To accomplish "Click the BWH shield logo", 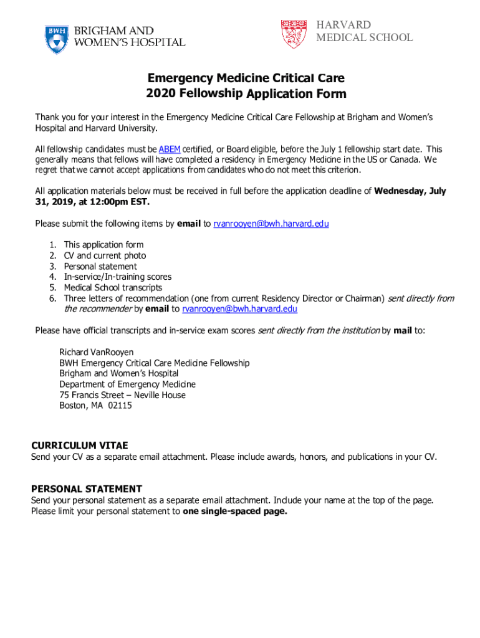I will tap(57, 39).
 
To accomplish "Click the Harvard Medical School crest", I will tap(294, 34).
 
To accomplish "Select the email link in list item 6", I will tap(239, 308).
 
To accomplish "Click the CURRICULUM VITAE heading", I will tap(80, 445).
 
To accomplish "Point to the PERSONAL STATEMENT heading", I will tap(87, 489).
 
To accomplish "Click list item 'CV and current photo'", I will tap(105, 255).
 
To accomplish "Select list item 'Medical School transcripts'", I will tap(113, 287).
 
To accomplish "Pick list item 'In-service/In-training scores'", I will tap(117, 277).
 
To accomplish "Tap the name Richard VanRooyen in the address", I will tap(97, 352).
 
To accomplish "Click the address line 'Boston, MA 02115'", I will tap(95, 405).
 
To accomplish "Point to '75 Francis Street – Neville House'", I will tap(122, 394).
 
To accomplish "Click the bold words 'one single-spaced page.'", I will tap(235, 511).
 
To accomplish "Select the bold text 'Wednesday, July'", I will tap(410, 191).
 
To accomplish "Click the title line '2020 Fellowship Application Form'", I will tap(246, 94).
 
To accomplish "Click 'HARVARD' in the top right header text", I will tap(343, 25).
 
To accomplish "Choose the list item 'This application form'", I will tap(103, 245).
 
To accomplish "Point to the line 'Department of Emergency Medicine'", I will tap(127, 384).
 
